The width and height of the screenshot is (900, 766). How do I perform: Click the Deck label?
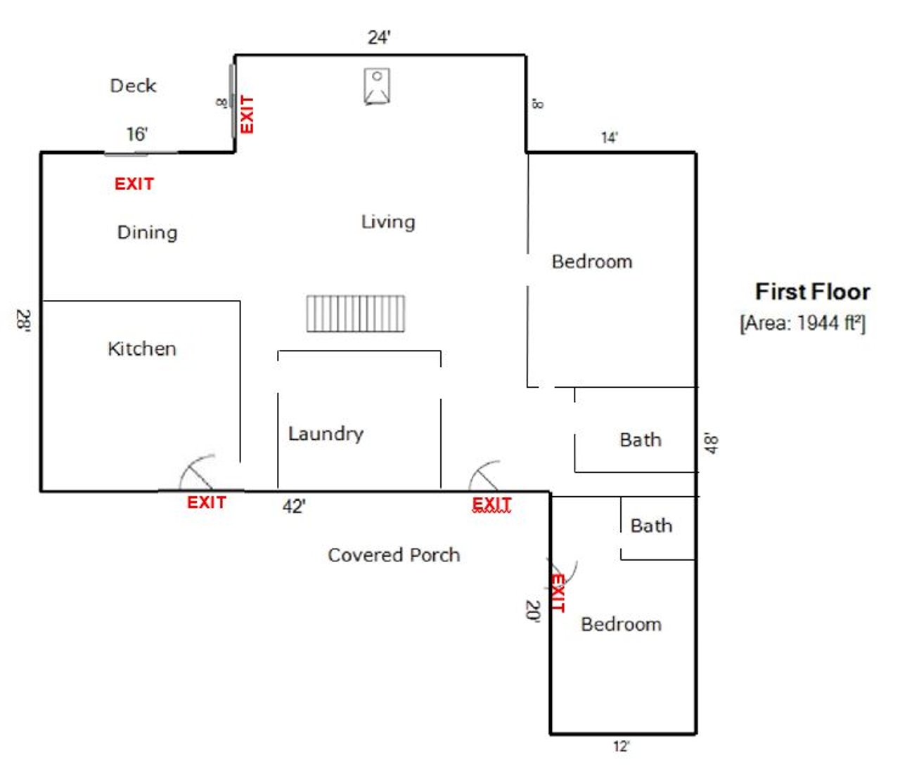pos(133,86)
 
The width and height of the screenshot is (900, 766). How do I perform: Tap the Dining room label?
pos(147,233)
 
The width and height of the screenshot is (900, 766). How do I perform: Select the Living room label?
pos(388,222)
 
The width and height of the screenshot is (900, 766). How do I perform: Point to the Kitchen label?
pos(142,349)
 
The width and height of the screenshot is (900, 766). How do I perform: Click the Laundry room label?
pos(326,434)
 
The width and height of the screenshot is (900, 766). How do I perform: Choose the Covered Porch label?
pos(394,555)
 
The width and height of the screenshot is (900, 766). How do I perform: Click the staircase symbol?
pos(355,314)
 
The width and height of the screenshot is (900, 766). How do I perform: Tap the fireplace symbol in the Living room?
pos(377,86)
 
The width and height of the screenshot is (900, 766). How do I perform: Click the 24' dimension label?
pos(379,37)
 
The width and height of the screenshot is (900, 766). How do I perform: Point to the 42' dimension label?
pos(294,507)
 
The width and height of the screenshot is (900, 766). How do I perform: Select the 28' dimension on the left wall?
pos(23,320)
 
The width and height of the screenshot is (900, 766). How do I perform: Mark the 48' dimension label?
pos(712,443)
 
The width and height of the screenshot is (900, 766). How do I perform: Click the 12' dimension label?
pos(622,746)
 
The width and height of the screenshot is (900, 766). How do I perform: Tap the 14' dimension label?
pos(609,138)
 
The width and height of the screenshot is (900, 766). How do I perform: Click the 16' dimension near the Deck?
pos(136,134)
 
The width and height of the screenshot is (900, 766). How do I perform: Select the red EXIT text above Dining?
pos(134,184)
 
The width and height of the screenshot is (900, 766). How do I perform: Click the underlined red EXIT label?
pos(491,504)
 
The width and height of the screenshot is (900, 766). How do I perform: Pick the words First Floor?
pos(813,292)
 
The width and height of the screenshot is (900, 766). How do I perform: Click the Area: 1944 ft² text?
pos(803,323)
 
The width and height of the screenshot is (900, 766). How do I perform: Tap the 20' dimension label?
pos(533,611)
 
